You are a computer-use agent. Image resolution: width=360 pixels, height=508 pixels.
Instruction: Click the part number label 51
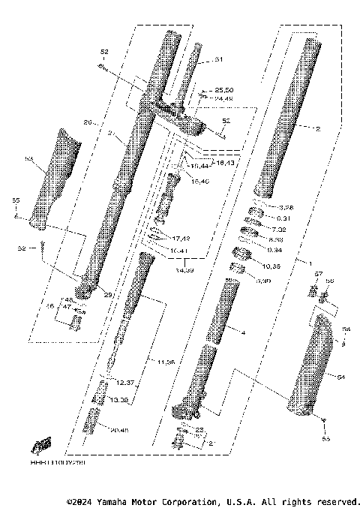(219, 59)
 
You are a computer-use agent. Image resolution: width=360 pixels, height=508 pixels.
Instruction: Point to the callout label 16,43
(225, 161)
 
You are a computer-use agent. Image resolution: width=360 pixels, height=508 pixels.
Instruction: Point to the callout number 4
(242, 331)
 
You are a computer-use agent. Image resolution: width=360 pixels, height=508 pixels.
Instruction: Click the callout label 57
(318, 274)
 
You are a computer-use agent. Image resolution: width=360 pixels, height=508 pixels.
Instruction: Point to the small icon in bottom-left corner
(40, 444)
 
